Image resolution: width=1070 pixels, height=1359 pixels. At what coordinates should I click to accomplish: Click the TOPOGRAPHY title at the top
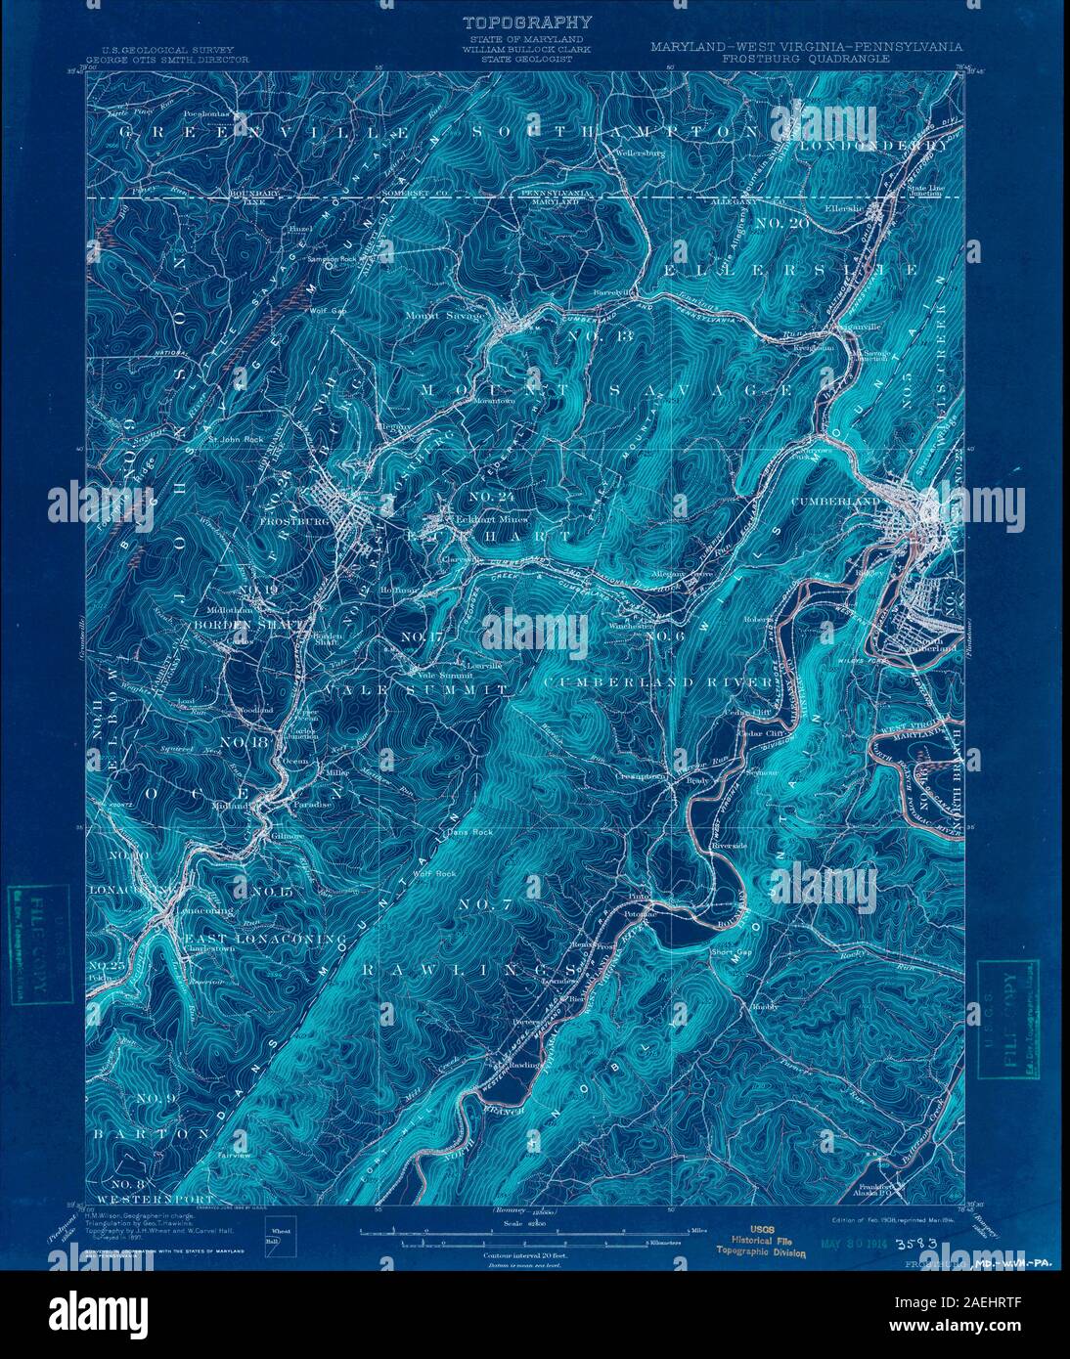click(x=526, y=22)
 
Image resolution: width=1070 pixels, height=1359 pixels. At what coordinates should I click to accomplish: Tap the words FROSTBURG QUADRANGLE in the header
click(x=806, y=59)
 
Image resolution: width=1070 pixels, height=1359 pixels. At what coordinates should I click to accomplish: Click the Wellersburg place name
click(x=640, y=153)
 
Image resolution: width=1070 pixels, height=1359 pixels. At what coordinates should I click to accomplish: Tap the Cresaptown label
click(x=641, y=776)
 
